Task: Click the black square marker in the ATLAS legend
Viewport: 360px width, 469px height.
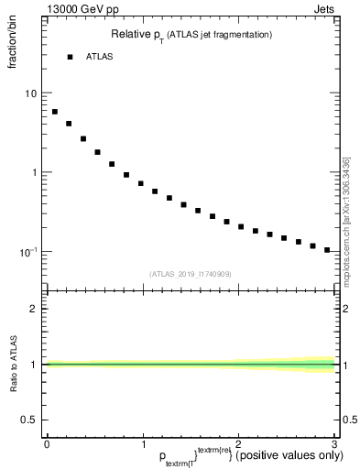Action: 70,57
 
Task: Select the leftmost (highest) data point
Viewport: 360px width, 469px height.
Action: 55,112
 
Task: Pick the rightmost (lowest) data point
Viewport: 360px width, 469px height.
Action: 327,250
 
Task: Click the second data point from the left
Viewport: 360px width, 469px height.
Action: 69,124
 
